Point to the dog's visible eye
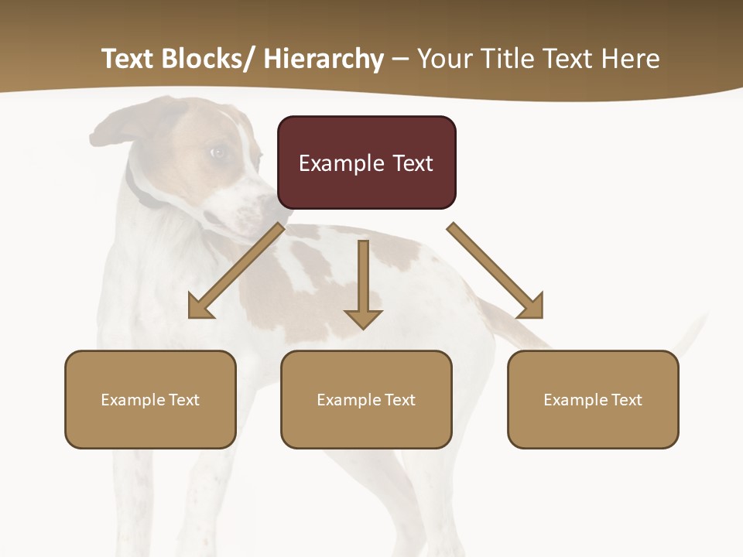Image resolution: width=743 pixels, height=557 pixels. (x=218, y=152)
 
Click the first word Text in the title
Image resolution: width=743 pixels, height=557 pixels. (x=129, y=59)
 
